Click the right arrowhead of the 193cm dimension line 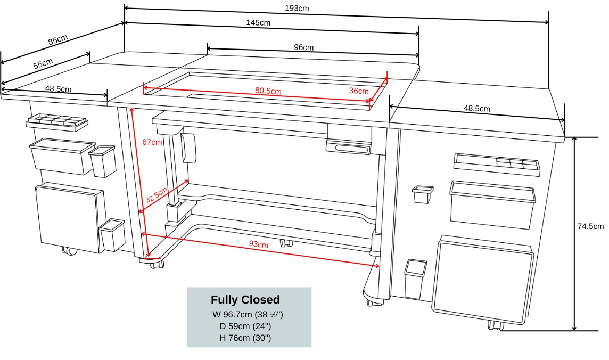pos(547,22)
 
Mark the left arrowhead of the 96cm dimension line pos(209,48)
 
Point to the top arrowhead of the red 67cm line pos(131,111)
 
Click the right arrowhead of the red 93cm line pos(377,266)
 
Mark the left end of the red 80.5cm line pos(144,88)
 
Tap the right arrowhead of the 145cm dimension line pos(417,34)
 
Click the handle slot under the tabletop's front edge pos(349,148)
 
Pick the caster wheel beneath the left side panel pos(70,251)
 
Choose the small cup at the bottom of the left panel pos(112,235)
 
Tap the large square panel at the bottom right pos(483,279)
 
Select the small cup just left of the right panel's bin pos(423,194)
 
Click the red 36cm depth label pos(359,91)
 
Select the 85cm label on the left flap pos(58,39)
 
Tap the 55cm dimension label pos(43,64)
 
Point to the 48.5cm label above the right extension pos(477,108)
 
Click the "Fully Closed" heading pos(245,300)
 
